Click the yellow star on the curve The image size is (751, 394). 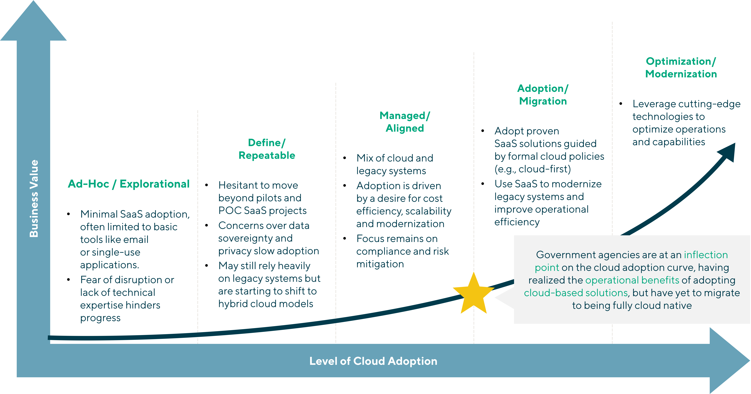(x=473, y=294)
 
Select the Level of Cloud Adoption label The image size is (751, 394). (x=373, y=361)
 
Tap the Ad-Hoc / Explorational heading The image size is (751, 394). (x=129, y=184)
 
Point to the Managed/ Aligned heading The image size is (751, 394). (x=405, y=122)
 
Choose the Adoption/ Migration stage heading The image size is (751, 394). (x=543, y=95)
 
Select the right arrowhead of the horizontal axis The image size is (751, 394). (x=729, y=361)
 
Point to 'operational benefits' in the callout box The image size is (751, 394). (x=632, y=280)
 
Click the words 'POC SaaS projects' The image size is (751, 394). (x=262, y=210)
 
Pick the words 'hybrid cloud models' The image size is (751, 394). (x=266, y=304)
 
